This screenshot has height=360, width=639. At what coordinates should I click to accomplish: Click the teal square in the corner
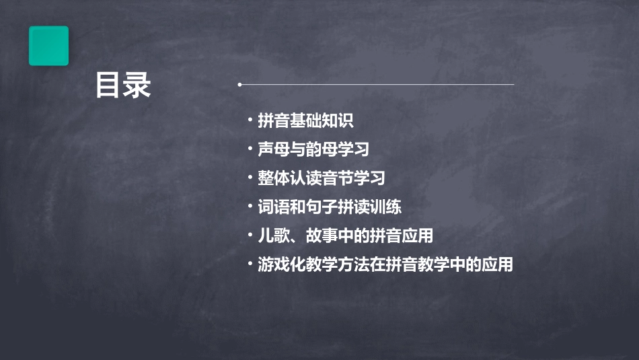pyautogui.click(x=48, y=46)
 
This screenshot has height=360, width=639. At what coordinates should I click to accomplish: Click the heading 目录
pyautogui.click(x=123, y=85)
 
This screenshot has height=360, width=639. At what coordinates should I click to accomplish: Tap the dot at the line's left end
pyautogui.click(x=239, y=85)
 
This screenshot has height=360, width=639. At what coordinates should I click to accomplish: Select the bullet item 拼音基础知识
pyautogui.click(x=305, y=121)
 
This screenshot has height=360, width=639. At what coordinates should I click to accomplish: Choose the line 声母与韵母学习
pyautogui.click(x=313, y=149)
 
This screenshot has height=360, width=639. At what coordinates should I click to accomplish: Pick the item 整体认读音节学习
pyautogui.click(x=322, y=178)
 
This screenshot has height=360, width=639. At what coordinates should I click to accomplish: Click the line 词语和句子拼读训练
pyautogui.click(x=330, y=207)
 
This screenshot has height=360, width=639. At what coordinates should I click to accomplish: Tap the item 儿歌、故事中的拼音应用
pyautogui.click(x=345, y=236)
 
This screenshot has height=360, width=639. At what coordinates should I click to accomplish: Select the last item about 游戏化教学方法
pyautogui.click(x=385, y=265)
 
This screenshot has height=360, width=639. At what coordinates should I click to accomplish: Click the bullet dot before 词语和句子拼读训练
pyautogui.click(x=250, y=207)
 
